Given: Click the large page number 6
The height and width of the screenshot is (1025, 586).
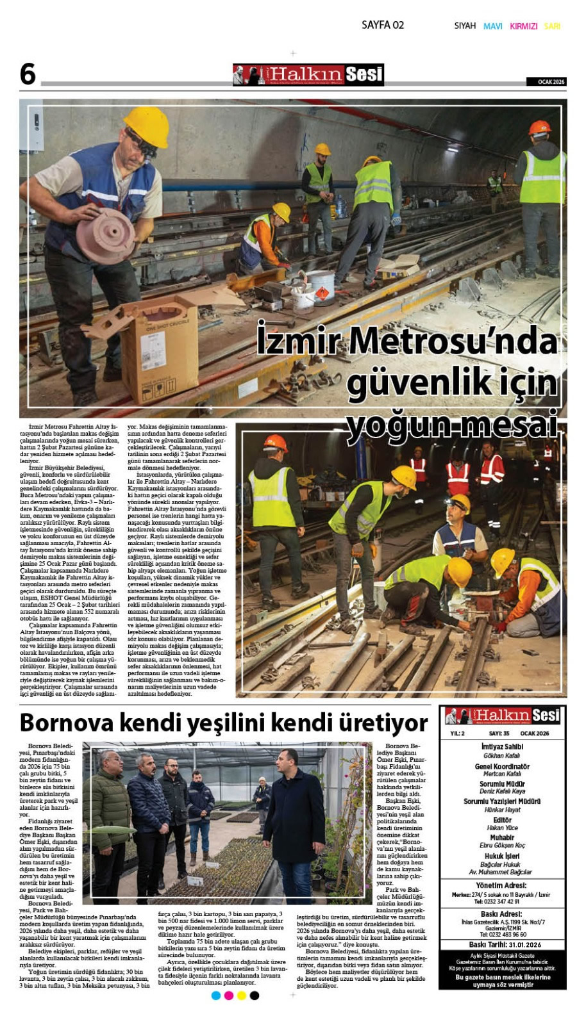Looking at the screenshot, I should [28, 74].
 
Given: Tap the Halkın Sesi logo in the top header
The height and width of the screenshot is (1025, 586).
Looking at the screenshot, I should [308, 75].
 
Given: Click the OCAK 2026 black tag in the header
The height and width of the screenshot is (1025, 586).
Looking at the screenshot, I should [546, 82].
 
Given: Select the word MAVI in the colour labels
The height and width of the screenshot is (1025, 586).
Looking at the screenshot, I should [492, 26].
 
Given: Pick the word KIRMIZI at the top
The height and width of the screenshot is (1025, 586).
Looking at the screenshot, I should [523, 26].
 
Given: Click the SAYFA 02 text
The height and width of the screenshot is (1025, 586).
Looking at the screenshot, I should [383, 25].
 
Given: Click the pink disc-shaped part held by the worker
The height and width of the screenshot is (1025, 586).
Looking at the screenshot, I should [105, 235].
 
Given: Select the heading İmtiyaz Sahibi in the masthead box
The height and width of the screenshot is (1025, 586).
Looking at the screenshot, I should [502, 746].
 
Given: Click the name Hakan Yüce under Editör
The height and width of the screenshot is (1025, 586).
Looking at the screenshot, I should [502, 828].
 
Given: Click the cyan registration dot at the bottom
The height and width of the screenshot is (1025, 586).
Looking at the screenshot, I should [216, 995].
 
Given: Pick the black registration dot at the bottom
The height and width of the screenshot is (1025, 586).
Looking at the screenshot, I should [255, 995].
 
